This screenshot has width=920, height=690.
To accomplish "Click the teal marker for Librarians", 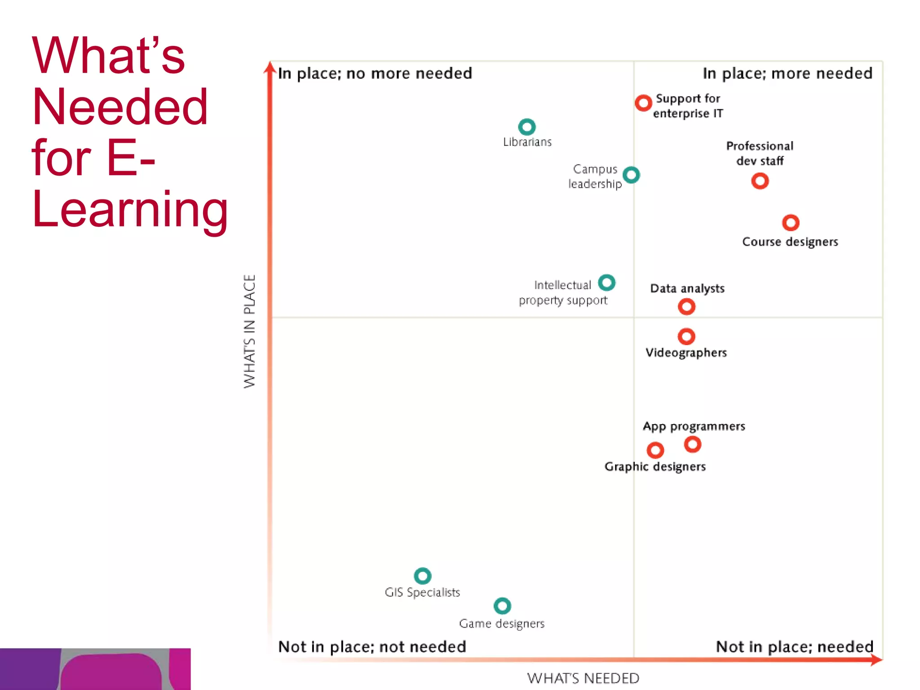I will [x=527, y=127].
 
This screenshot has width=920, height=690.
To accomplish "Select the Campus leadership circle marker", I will [x=631, y=175].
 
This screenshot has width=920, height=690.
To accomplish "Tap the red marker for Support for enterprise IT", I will [x=643, y=103].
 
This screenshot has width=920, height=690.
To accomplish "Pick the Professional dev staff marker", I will [x=760, y=181].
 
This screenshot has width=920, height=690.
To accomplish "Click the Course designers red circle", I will [x=791, y=222].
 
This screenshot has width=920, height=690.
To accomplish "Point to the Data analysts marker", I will [x=686, y=307].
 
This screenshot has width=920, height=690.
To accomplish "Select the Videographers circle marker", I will [x=686, y=336].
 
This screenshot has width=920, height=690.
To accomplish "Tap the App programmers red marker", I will [x=693, y=444].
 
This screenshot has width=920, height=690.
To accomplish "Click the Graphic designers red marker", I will [x=655, y=450].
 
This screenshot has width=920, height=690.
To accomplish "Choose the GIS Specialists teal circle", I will [x=422, y=575].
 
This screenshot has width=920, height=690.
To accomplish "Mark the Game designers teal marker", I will [x=502, y=606].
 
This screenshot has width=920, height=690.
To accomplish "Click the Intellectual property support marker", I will [x=606, y=283].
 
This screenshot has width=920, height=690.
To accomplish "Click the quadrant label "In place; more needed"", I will [x=787, y=74].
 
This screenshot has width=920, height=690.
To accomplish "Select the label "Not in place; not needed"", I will [x=372, y=647].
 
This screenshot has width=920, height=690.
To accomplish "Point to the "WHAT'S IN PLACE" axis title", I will [x=250, y=331].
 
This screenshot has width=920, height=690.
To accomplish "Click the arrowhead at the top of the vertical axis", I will [x=270, y=67].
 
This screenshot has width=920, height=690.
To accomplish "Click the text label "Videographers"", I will [x=686, y=353].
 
